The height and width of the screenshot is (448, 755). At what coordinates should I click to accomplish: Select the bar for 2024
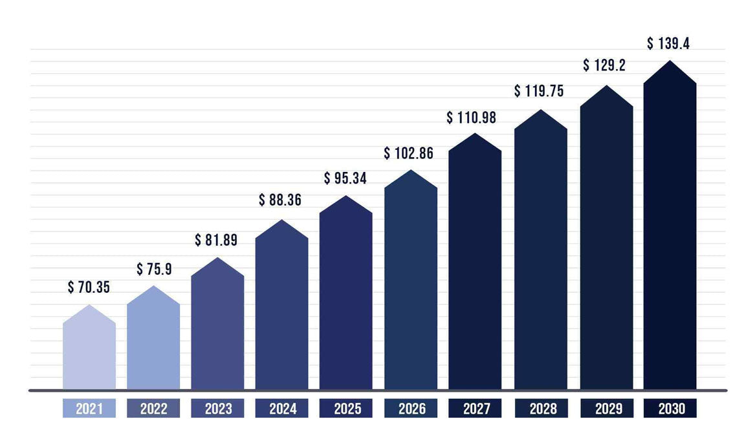tap(281, 310)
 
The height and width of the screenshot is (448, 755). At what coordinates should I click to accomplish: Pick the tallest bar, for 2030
tap(670, 233)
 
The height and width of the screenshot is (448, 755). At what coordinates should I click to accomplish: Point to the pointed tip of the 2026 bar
tap(411, 171)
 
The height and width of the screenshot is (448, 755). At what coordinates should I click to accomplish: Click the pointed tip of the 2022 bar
tap(153, 287)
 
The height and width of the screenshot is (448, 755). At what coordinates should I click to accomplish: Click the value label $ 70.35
tap(89, 288)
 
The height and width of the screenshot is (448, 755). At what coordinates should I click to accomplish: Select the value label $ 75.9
tap(153, 270)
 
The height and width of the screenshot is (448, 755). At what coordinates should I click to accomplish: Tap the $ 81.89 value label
tap(216, 240)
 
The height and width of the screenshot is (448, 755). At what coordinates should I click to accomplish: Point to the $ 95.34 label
tap(345, 178)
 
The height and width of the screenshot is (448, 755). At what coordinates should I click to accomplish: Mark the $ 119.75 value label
tap(539, 91)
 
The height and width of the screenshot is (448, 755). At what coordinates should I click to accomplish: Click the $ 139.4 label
tap(668, 44)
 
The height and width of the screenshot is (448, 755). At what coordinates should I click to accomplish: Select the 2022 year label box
tap(153, 409)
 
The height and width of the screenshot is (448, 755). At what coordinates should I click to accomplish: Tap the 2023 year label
tap(217, 409)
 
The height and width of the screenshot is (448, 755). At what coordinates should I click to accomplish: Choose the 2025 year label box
tap(346, 409)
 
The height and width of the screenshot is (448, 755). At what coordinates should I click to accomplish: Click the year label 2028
tap(540, 409)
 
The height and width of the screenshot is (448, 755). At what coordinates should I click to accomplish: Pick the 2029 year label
tap(606, 409)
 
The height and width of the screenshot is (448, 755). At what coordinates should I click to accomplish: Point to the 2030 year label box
tap(670, 409)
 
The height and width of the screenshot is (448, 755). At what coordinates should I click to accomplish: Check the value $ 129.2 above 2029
tap(604, 65)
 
